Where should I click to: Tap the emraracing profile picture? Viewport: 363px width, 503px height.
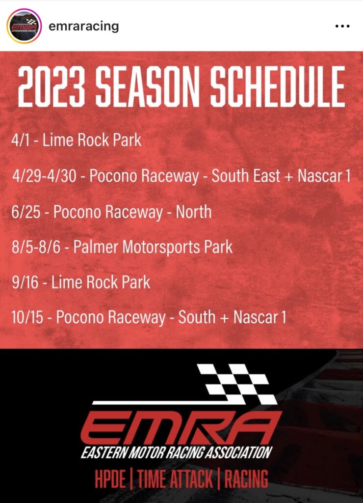(24, 26)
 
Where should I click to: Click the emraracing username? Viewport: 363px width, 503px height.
(83, 27)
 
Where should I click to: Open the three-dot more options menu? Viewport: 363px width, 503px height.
(342, 26)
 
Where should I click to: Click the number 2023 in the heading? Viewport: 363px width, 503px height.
(52, 87)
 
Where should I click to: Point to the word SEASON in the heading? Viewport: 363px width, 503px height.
(148, 87)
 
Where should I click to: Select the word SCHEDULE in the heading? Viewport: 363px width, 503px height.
(278, 87)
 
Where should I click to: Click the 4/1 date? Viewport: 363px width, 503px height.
(20, 140)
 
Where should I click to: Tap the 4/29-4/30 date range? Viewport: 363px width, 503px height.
(44, 176)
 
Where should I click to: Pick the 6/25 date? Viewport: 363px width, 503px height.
(26, 212)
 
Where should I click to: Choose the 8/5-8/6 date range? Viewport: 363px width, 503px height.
(36, 248)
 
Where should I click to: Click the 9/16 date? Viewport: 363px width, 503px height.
(25, 282)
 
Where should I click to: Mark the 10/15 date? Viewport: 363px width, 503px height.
(27, 318)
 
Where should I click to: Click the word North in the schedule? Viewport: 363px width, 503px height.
(194, 212)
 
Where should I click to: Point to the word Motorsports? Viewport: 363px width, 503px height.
(161, 248)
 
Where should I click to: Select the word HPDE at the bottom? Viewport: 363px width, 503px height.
(110, 479)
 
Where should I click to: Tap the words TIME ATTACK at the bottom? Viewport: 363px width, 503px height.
(175, 479)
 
